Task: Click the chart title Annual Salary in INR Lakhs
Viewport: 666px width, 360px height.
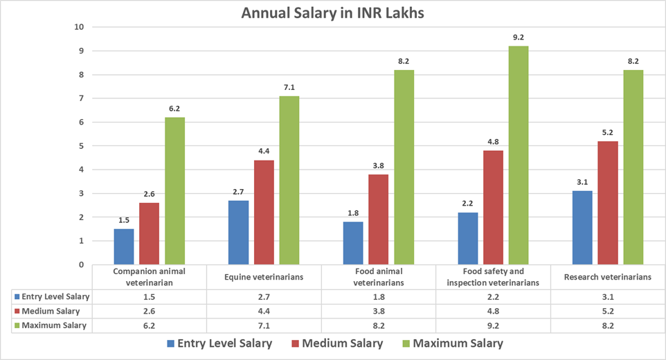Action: (x=332, y=12)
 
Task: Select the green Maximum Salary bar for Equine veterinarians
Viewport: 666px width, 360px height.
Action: (x=289, y=180)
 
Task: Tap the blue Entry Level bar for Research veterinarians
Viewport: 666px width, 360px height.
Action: (x=583, y=227)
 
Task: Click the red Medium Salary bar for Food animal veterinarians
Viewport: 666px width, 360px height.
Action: (x=378, y=219)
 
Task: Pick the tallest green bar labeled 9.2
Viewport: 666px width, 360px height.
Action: (x=518, y=155)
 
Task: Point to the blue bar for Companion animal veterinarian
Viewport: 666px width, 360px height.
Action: (x=124, y=246)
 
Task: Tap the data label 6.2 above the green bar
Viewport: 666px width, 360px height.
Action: (x=174, y=109)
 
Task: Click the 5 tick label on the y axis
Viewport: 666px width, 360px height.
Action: (x=81, y=146)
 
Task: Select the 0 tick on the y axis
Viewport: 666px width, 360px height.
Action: (x=81, y=264)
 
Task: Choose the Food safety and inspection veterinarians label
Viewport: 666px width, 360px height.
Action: (x=493, y=277)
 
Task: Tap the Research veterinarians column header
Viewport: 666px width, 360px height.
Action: (x=607, y=277)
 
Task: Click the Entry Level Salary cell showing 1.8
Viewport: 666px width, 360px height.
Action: (x=378, y=297)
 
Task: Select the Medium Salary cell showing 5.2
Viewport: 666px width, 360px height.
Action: (x=607, y=311)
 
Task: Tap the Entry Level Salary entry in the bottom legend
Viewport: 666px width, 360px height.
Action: (x=219, y=343)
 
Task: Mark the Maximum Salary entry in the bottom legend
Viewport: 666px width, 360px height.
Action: (x=454, y=343)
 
